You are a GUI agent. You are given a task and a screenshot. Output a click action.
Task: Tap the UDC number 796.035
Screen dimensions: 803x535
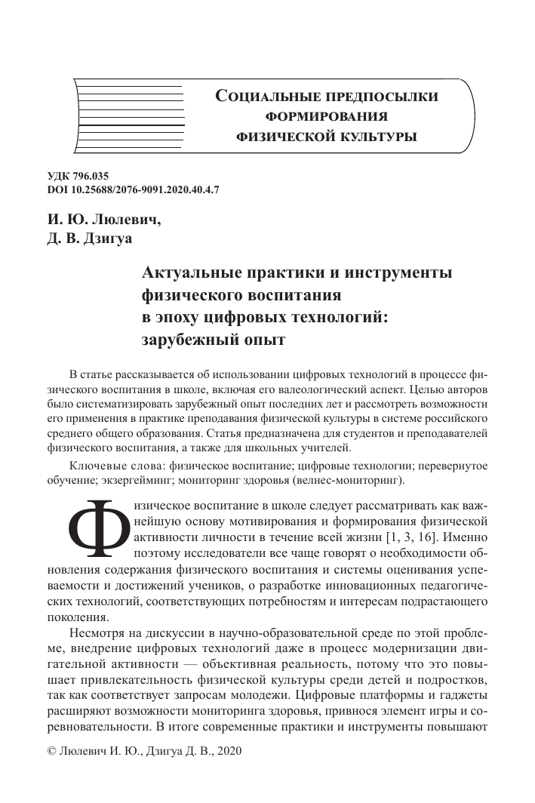98,176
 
